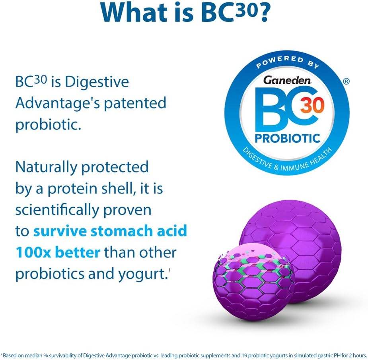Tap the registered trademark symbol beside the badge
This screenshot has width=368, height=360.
coord(346,81)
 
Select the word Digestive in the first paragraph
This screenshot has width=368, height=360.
coord(97,83)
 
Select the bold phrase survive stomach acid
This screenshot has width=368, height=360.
coord(110,231)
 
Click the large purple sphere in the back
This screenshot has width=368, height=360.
coord(302,238)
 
